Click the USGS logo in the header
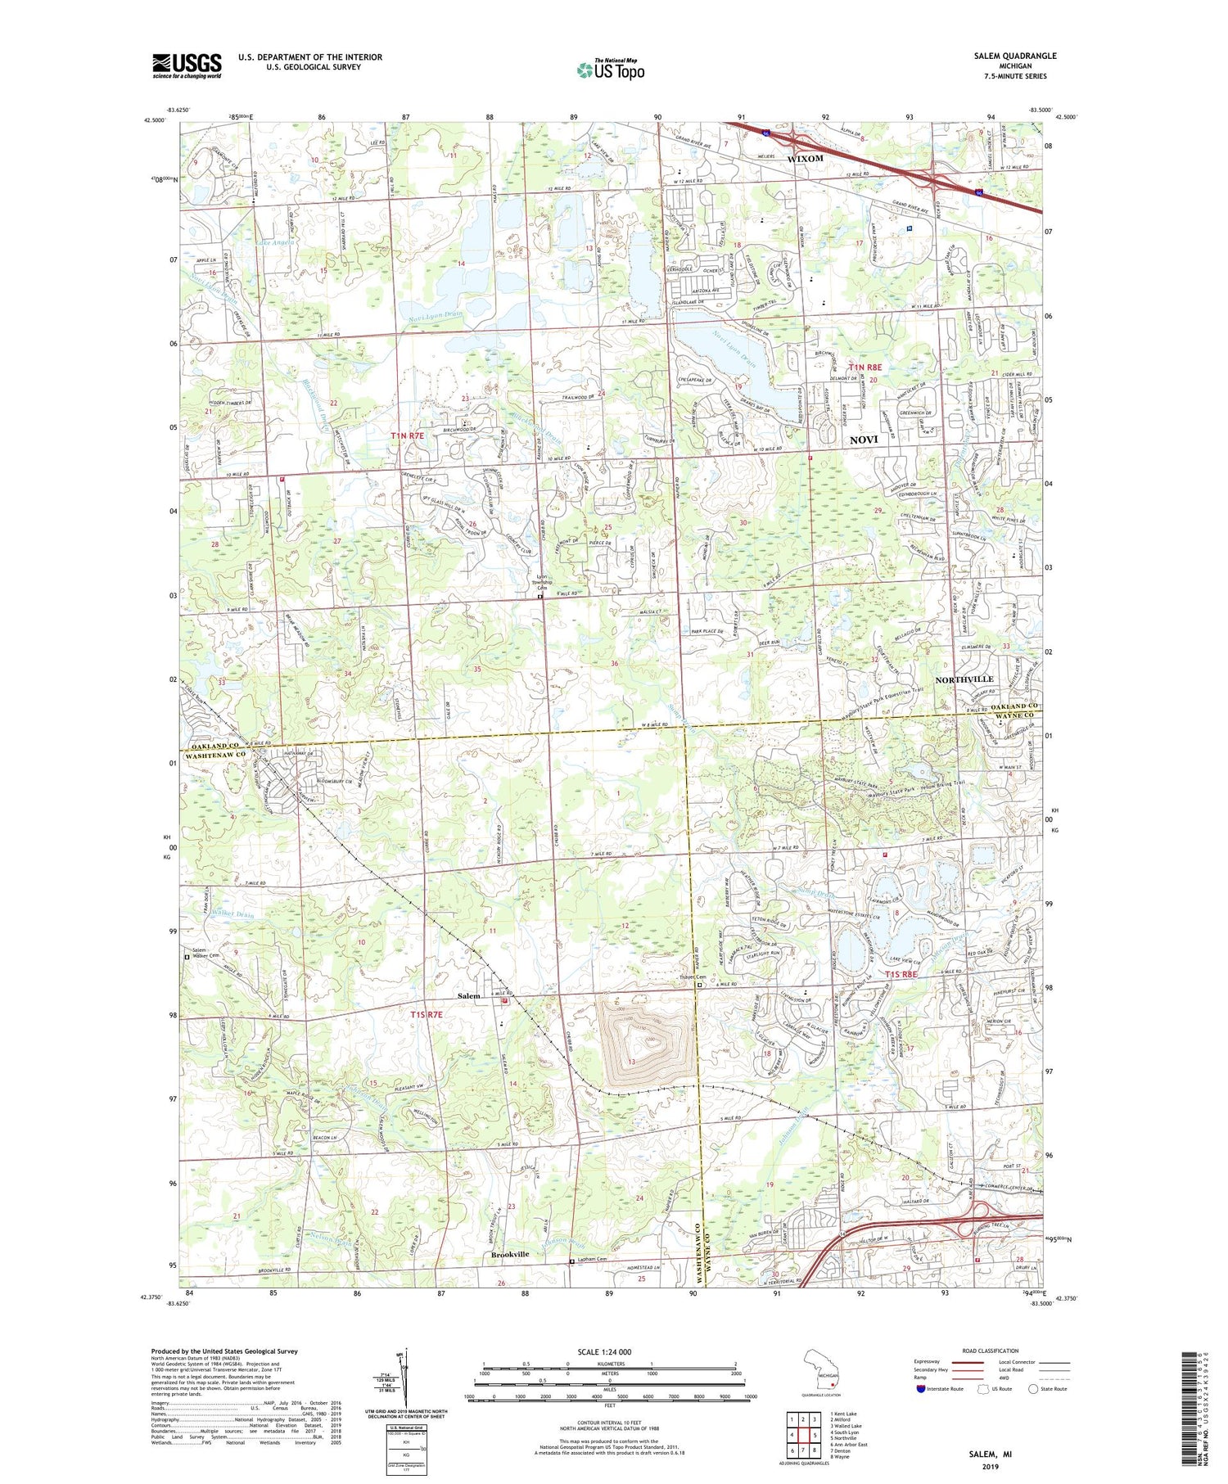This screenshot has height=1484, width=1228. [x=187, y=65]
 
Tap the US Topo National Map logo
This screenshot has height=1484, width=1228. [x=610, y=70]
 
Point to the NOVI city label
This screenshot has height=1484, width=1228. [x=864, y=440]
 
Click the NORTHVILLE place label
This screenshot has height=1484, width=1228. [x=964, y=679]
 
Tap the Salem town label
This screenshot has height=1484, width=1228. [x=469, y=996]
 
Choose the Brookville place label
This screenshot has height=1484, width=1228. [x=510, y=1254]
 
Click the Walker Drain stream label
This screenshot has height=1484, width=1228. [x=232, y=913]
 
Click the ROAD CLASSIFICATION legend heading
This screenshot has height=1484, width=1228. [x=990, y=1351]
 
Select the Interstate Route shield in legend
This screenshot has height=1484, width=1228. [x=921, y=1389]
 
